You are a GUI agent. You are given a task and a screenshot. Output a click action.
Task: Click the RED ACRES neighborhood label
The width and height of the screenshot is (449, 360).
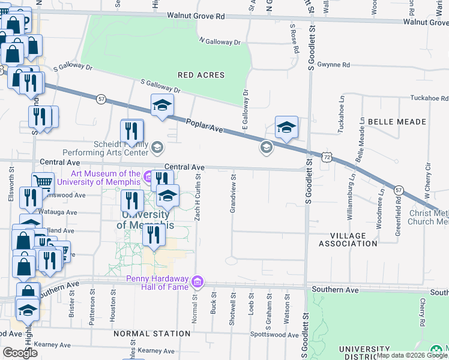coord(201,76)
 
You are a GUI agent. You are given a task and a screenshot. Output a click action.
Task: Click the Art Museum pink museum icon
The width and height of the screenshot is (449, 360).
coord(148,176)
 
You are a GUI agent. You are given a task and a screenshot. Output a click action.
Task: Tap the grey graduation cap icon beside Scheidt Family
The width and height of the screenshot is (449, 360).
coord(157,147)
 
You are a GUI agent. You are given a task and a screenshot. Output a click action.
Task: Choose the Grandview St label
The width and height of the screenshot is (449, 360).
coord(233,194)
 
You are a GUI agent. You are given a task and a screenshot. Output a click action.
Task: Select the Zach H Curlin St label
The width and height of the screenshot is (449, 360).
coord(197,197)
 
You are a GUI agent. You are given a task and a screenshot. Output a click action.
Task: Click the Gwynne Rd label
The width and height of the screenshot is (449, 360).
coord(334,64)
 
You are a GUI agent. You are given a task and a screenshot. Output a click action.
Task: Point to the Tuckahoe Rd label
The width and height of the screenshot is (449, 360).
coord(429,98)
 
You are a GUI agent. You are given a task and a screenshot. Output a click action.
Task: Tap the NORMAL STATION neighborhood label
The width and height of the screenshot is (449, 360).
coord(152,334)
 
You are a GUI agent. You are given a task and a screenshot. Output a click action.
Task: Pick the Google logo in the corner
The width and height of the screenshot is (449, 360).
coord(20,353)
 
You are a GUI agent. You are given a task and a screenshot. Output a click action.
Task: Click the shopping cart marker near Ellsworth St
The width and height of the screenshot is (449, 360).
coord(43,182)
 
